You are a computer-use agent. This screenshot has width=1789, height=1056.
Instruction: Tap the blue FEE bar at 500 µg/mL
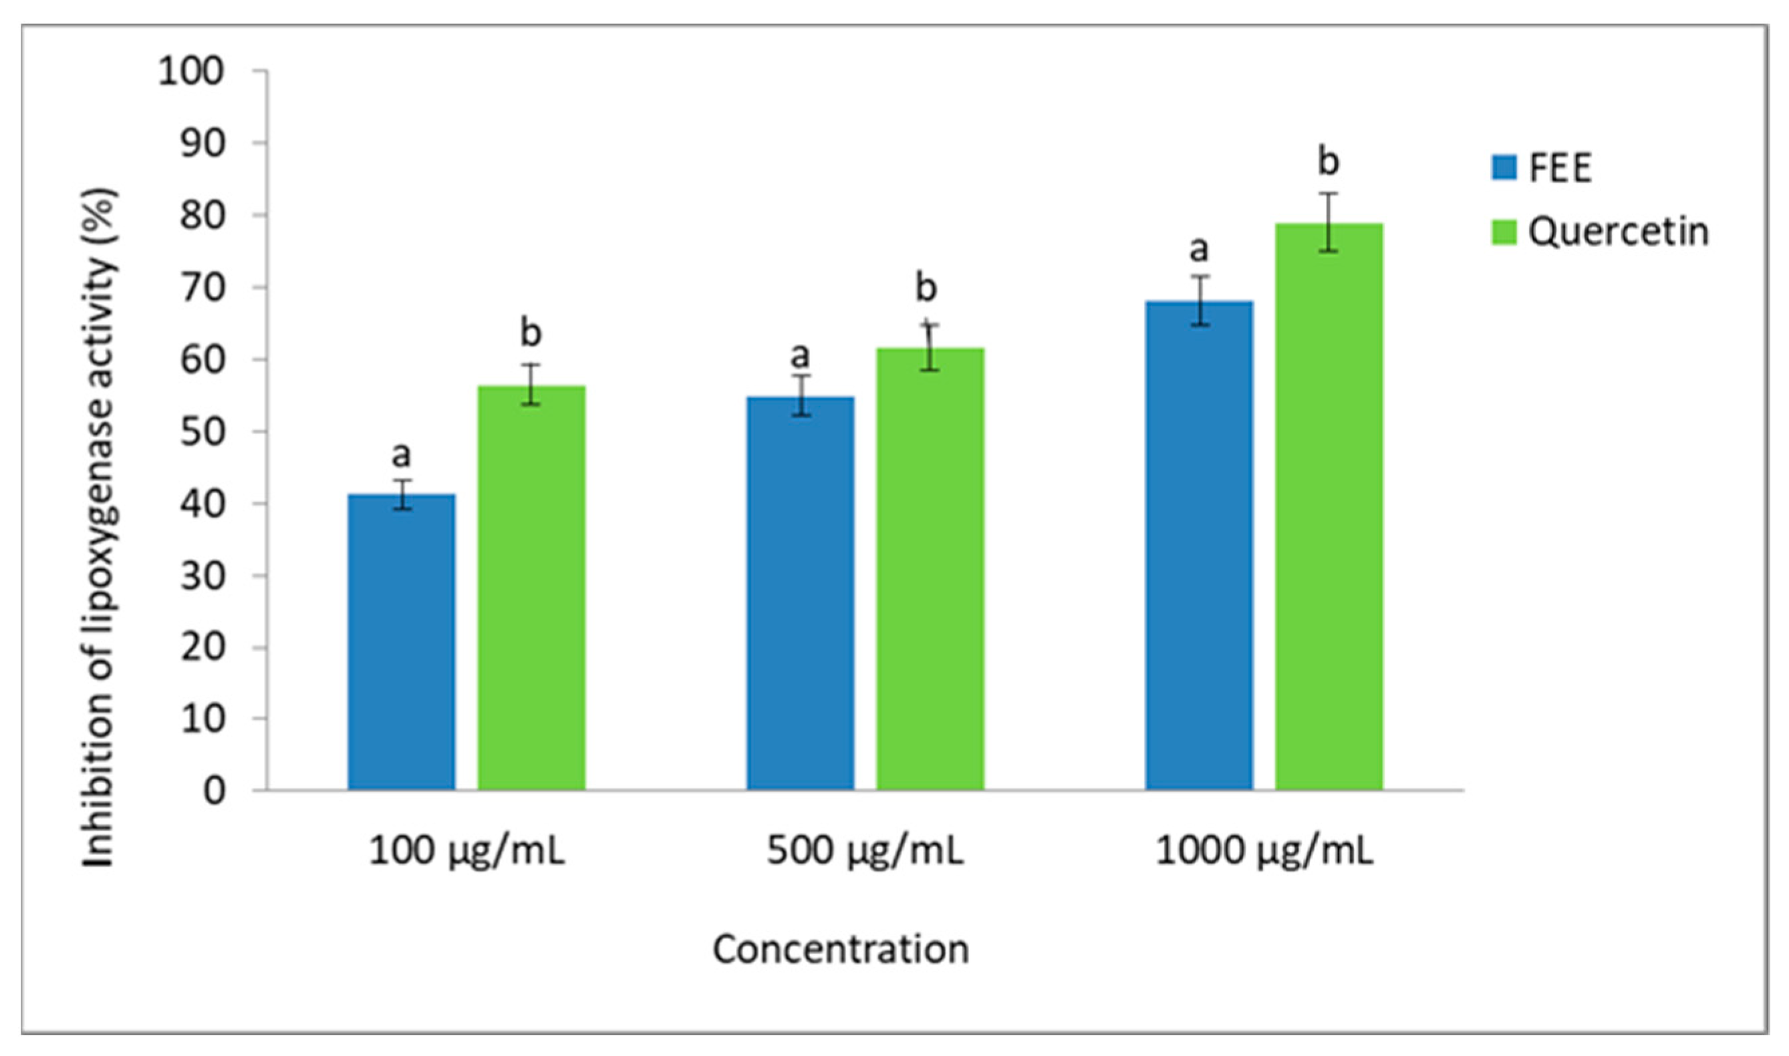[800, 594]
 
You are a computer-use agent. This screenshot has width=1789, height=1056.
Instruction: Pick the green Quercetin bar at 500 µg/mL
[930, 569]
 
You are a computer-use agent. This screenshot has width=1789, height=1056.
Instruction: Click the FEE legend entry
[1541, 168]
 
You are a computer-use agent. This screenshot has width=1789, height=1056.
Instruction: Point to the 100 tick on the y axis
[190, 71]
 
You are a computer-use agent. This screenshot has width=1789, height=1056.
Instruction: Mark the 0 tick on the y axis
[214, 791]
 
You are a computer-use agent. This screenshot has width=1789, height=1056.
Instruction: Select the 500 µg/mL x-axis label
[864, 851]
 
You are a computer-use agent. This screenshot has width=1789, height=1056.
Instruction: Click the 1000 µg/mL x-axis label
[1264, 851]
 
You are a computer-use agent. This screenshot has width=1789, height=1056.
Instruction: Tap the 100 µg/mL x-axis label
[466, 851]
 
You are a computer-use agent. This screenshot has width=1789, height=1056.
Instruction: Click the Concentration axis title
[841, 949]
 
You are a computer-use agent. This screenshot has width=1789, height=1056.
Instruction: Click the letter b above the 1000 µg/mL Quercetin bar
[1329, 161]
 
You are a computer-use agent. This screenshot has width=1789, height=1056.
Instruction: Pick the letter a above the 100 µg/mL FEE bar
[401, 454]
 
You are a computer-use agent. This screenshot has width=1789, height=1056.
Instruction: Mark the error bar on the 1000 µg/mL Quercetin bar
[1329, 222]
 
